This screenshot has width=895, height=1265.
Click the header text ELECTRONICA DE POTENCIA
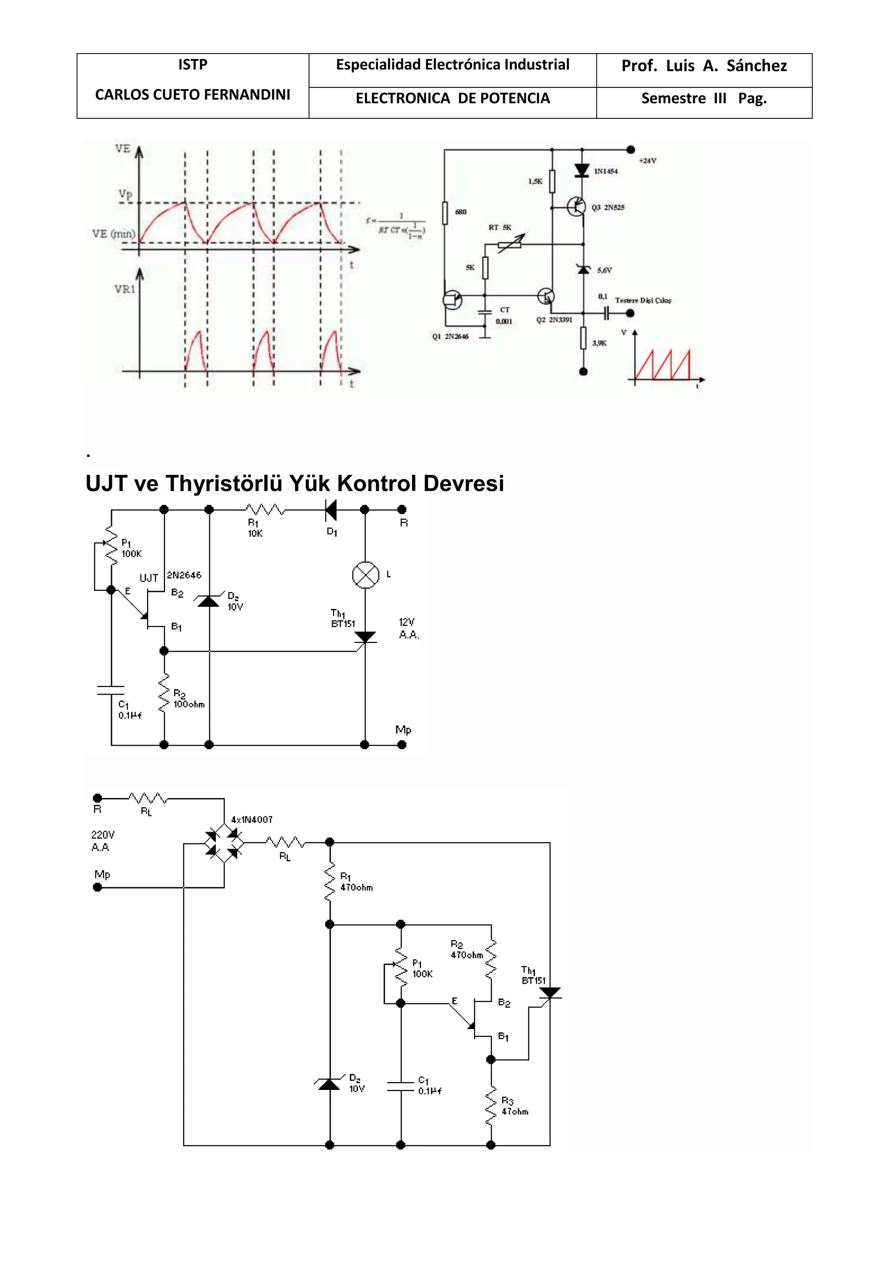[x=452, y=99]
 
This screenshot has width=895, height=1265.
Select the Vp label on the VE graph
[x=125, y=194]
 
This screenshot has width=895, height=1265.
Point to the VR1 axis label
[x=125, y=289]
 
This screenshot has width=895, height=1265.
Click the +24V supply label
[x=647, y=161]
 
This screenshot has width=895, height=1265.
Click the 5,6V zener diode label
[x=604, y=270]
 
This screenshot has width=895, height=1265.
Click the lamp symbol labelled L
[x=365, y=575]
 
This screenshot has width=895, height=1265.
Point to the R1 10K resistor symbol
[x=265, y=510]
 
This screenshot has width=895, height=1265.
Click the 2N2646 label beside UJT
[x=184, y=575]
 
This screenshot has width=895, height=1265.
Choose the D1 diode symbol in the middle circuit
[x=331, y=510]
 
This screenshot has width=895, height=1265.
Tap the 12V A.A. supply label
[x=408, y=629]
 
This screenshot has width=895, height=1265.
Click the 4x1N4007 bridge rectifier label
[x=252, y=820]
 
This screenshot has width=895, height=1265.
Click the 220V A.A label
[x=103, y=841]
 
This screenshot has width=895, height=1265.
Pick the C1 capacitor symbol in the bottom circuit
[x=401, y=1086]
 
